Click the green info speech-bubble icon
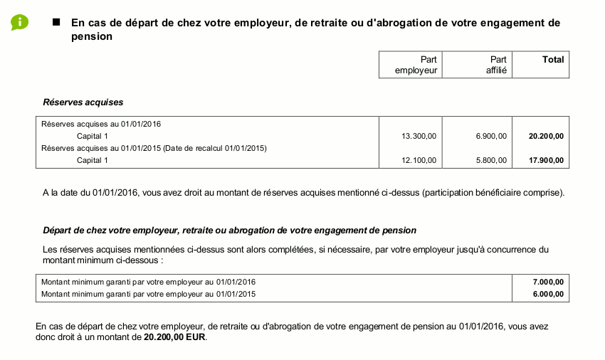pos(19,22)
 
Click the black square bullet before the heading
pos(56,22)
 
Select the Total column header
pos(552,60)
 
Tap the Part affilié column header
pos(496,65)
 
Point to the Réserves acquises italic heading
pos(83,102)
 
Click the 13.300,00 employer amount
pos(419,136)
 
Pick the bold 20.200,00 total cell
pos(546,136)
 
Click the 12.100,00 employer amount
pos(419,161)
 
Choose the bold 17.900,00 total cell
pos(546,161)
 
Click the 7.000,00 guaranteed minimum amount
pos(549,282)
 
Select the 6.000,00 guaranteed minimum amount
pos(549,293)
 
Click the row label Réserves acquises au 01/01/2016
pos(101,124)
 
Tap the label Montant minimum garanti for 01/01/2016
pos(148,282)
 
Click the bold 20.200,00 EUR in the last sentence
pos(174,338)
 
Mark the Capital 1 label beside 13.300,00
pos(93,136)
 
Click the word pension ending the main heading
pos(92,36)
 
